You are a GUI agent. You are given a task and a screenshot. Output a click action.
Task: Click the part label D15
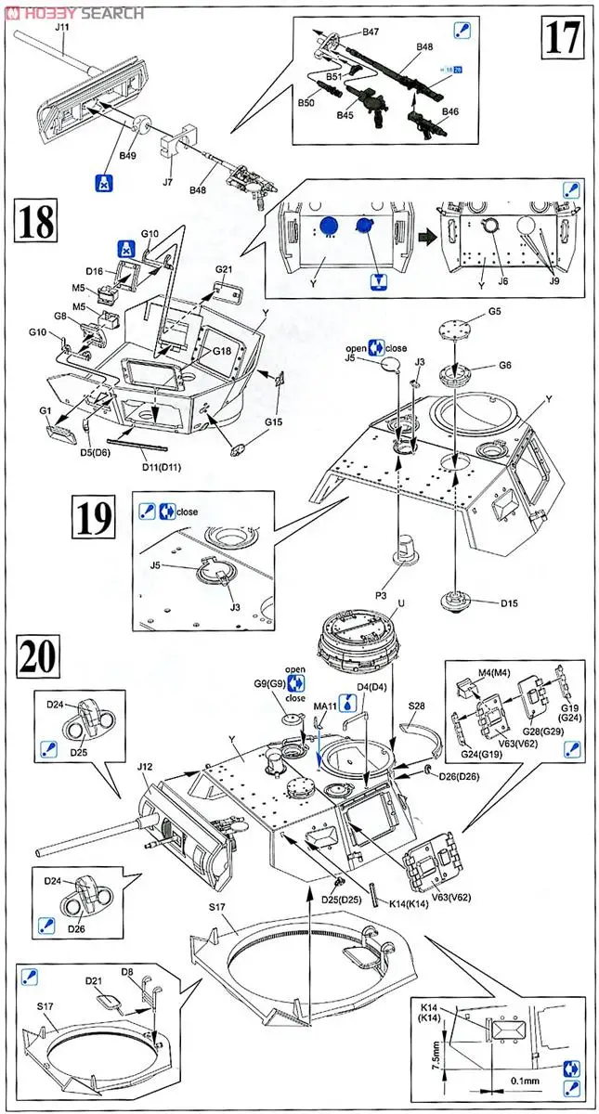508,603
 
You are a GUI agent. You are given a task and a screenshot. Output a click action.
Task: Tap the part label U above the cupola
400,602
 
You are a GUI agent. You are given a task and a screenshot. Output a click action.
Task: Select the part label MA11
322,708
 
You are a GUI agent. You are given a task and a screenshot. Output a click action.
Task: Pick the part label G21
224,269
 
